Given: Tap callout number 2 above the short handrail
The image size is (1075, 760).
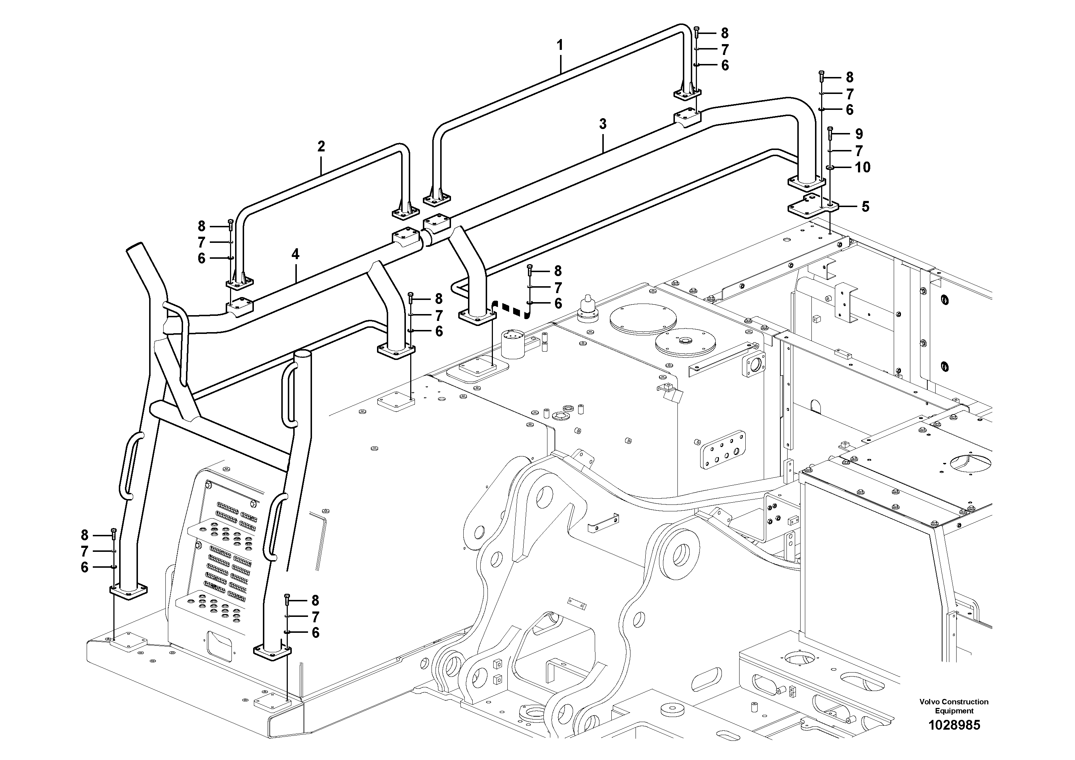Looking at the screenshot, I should click(321, 147).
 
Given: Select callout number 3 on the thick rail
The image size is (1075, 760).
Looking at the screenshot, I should click(603, 124).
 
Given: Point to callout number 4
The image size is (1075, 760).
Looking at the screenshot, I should click(295, 254).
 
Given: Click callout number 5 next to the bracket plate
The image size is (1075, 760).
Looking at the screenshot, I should click(865, 207).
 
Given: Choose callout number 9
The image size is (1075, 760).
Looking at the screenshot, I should click(859, 134).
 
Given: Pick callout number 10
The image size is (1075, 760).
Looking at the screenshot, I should click(862, 167).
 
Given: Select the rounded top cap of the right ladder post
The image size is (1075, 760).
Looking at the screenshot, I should click(303, 356).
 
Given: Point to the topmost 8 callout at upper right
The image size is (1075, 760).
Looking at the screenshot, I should click(724, 33).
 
